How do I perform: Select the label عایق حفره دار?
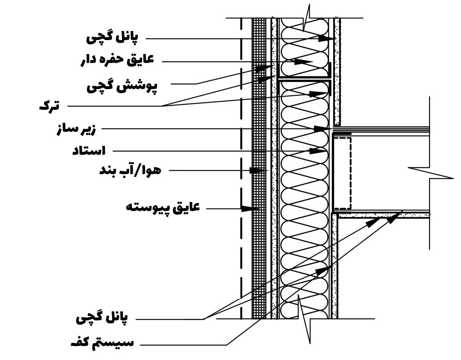click(x=117, y=60)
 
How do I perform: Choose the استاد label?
click(x=88, y=151)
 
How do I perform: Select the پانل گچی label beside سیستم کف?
click(x=102, y=319)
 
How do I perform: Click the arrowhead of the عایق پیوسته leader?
click(x=247, y=208)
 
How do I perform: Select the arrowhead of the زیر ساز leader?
click(x=321, y=129)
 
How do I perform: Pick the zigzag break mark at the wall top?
click(x=308, y=18)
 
